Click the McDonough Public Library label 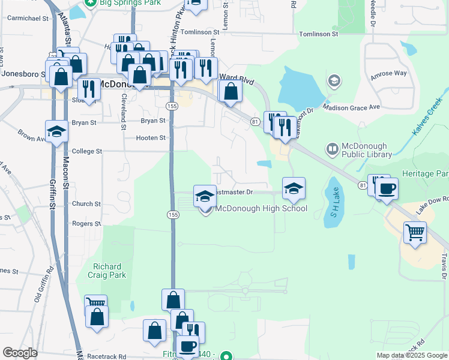(x=366, y=151)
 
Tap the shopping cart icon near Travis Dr (x=415, y=232)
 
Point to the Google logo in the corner (x=20, y=353)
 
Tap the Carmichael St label (x=28, y=18)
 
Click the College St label (x=86, y=152)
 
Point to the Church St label (x=86, y=204)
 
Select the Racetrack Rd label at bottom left (x=106, y=356)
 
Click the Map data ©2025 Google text (x=411, y=355)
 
